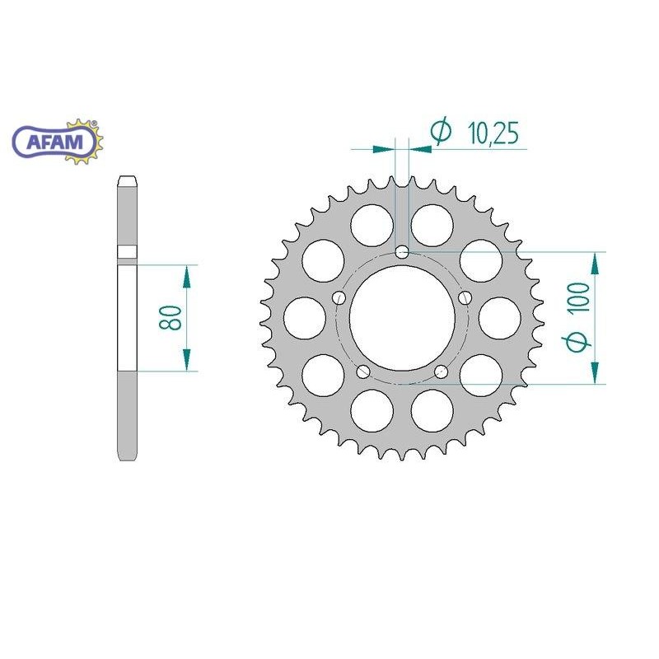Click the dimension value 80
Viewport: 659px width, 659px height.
[171, 318]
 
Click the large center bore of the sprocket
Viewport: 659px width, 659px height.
[401, 315]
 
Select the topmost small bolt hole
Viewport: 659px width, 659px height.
[402, 251]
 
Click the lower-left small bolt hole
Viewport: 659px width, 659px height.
[362, 372]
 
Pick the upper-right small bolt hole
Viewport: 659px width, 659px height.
[465, 297]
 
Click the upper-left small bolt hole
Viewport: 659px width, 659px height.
[339, 297]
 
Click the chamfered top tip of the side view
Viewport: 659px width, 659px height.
[127, 180]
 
